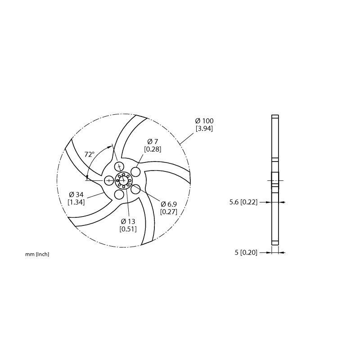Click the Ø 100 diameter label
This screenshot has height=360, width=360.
204,121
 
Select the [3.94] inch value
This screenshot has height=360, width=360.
204,129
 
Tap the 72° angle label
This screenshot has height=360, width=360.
89,154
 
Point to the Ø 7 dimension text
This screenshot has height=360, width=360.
153,141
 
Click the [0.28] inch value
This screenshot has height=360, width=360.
153,149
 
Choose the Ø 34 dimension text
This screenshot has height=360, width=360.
76,195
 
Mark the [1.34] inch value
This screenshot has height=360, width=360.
76,202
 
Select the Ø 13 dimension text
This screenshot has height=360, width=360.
128,221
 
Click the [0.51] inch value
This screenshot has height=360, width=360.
128,229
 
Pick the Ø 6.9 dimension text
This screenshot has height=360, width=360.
169,204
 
